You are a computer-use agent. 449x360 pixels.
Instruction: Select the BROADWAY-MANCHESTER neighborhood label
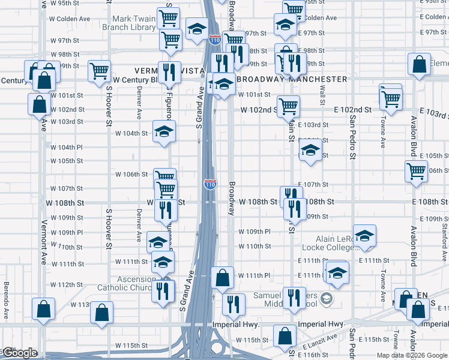292,79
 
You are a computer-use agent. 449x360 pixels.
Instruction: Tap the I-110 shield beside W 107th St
210,184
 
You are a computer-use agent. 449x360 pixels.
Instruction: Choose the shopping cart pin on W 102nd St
289,106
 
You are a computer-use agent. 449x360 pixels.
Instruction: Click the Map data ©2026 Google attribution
411,355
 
